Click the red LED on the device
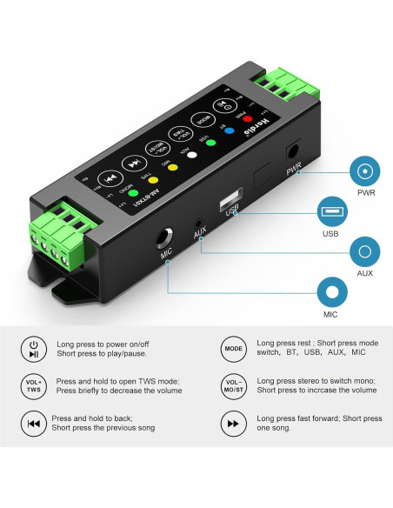click(246, 118)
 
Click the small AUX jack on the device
click(200, 222)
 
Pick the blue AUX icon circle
click(364, 253)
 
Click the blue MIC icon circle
click(330, 291)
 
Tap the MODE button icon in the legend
click(233, 348)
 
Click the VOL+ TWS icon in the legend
click(33, 386)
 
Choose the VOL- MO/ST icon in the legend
click(233, 386)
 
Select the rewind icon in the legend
click(33, 424)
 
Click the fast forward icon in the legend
click(233, 424)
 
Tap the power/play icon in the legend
click(33, 348)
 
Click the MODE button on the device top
click(203, 116)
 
